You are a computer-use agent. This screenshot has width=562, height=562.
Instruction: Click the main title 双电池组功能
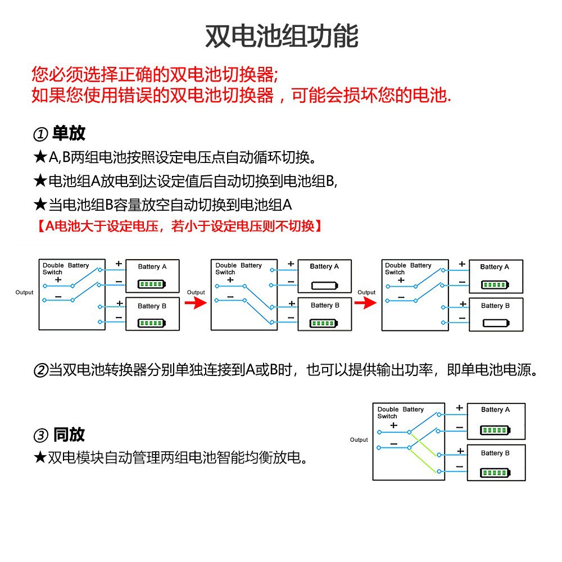coord(282,36)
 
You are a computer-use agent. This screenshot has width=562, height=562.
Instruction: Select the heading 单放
coord(69,133)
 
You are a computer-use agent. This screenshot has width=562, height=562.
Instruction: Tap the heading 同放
coord(69,434)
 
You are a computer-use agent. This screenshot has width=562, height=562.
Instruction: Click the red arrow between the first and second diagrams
coord(196,303)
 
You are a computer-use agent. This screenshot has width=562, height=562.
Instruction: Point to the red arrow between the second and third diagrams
coord(366,303)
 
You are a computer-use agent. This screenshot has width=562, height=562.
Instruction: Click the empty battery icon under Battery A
coord(325,285)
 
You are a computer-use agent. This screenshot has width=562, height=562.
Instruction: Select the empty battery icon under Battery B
coord(496,323)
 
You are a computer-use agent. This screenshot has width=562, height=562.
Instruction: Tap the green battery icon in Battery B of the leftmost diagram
coord(152,323)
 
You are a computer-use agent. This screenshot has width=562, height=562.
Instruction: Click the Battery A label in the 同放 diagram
coord(495,409)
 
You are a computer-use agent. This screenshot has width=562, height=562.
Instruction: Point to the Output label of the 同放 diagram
coord(359,440)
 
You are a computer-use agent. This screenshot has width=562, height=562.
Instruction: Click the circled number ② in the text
coord(40,370)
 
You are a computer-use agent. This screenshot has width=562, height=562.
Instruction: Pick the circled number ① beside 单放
coord(40,134)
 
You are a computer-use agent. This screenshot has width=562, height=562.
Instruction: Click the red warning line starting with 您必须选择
coord(155,74)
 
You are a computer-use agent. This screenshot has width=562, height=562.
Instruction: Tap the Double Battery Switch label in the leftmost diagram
coord(66,269)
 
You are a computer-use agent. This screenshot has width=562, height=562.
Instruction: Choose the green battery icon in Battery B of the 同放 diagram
coord(495,473)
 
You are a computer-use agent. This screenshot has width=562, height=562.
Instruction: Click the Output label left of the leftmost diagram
coord(24,292)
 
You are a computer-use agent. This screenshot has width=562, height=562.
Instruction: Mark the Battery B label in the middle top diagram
coord(325,305)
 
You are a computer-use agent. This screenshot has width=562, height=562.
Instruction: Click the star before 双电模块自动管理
coord(40,457)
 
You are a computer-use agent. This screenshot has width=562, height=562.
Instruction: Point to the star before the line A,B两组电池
coord(40,157)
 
